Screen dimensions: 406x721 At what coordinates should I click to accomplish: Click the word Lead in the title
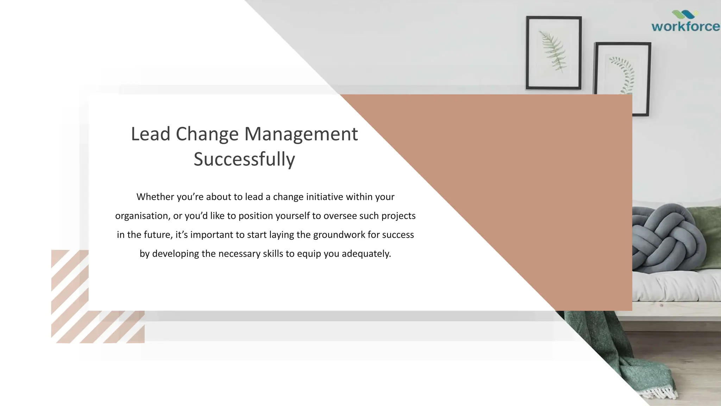point(150,134)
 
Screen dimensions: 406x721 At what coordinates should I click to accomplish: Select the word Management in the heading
point(301,134)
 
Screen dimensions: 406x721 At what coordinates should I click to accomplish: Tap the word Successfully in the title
point(244,159)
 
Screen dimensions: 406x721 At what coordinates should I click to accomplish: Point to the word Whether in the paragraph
point(155,197)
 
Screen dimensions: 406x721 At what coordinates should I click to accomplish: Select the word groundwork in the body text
point(339,235)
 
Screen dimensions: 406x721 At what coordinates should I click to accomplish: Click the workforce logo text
point(685,27)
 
